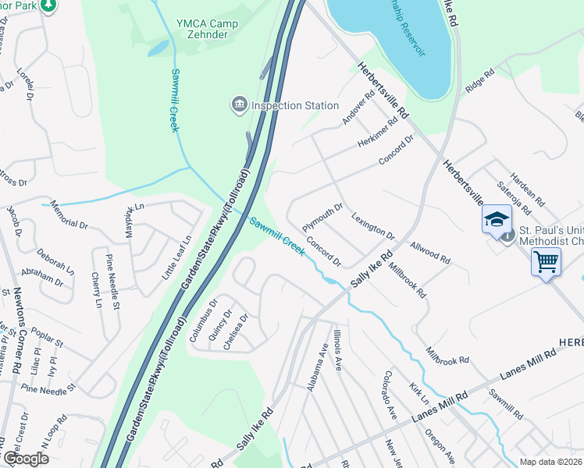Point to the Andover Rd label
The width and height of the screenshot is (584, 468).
[359, 108]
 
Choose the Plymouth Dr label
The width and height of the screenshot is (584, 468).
[322, 213]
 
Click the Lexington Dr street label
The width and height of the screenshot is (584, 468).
[372, 225]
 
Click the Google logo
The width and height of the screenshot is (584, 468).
[27, 458]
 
